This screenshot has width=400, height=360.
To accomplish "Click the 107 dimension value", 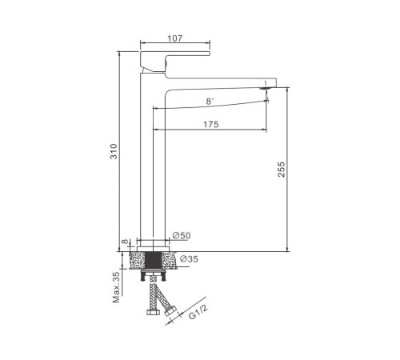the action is point(175,38).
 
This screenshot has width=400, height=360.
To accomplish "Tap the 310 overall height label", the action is point(114,151).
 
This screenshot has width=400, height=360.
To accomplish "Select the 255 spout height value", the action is point(282,170).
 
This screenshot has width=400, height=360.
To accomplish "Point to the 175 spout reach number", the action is point(211,124).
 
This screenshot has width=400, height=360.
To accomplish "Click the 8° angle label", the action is point(210,101).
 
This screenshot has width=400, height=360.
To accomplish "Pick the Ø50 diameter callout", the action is point(182,235).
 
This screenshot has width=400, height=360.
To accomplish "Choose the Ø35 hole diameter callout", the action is point(189,258).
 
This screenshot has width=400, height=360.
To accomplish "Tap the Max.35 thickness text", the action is point(116,287).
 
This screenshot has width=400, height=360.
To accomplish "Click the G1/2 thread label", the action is point(198,312).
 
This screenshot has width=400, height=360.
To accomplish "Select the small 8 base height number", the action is point(125,242).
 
